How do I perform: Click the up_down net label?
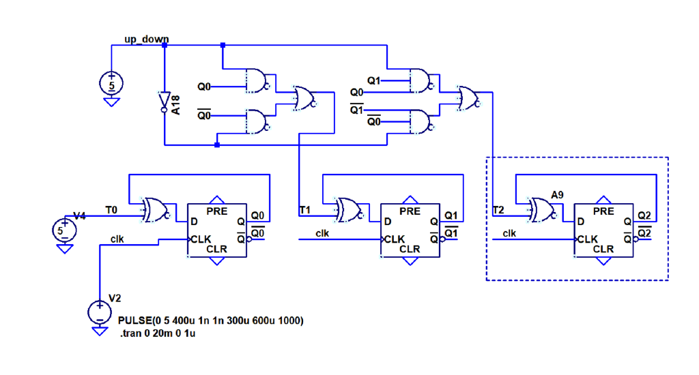[146, 39]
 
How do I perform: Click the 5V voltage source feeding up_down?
[111, 84]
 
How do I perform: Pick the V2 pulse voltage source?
[100, 312]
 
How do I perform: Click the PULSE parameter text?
[210, 320]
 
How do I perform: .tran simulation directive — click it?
[158, 333]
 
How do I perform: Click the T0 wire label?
[112, 208]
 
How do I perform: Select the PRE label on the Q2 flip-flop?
[603, 211]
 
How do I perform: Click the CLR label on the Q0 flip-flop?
[216, 250]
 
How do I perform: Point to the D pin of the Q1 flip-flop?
[387, 222]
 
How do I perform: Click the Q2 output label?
[644, 216]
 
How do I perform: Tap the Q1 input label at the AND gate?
[373, 81]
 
